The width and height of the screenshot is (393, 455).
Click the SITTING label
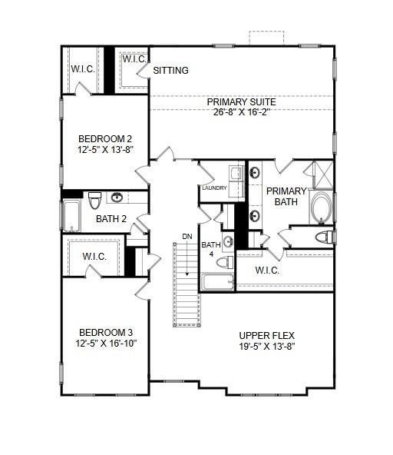pyautogui.click(x=170, y=71)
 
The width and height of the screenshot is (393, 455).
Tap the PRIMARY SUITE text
pyautogui.click(x=241, y=101)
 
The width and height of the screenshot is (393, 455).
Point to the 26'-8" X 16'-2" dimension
pyautogui.click(x=241, y=112)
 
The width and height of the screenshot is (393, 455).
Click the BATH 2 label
pyautogui.click(x=111, y=218)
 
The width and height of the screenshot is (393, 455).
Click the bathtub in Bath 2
pyautogui.click(x=71, y=216)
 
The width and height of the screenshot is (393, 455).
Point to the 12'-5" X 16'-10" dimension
pyautogui.click(x=106, y=344)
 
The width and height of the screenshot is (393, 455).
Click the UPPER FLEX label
pyautogui.click(x=266, y=335)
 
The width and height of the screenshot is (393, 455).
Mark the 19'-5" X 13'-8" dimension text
pyautogui.click(x=266, y=346)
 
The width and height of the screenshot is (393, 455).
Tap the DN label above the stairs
pyautogui.click(x=187, y=236)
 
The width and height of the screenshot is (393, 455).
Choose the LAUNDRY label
pyautogui.click(x=214, y=188)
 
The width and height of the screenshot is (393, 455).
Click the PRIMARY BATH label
pyautogui.click(x=286, y=196)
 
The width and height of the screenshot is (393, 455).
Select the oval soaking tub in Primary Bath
pyautogui.click(x=322, y=208)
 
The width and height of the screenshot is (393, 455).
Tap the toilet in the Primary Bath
pyautogui.click(x=324, y=237)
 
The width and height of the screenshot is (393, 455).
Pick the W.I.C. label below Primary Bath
pyautogui.click(x=266, y=271)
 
